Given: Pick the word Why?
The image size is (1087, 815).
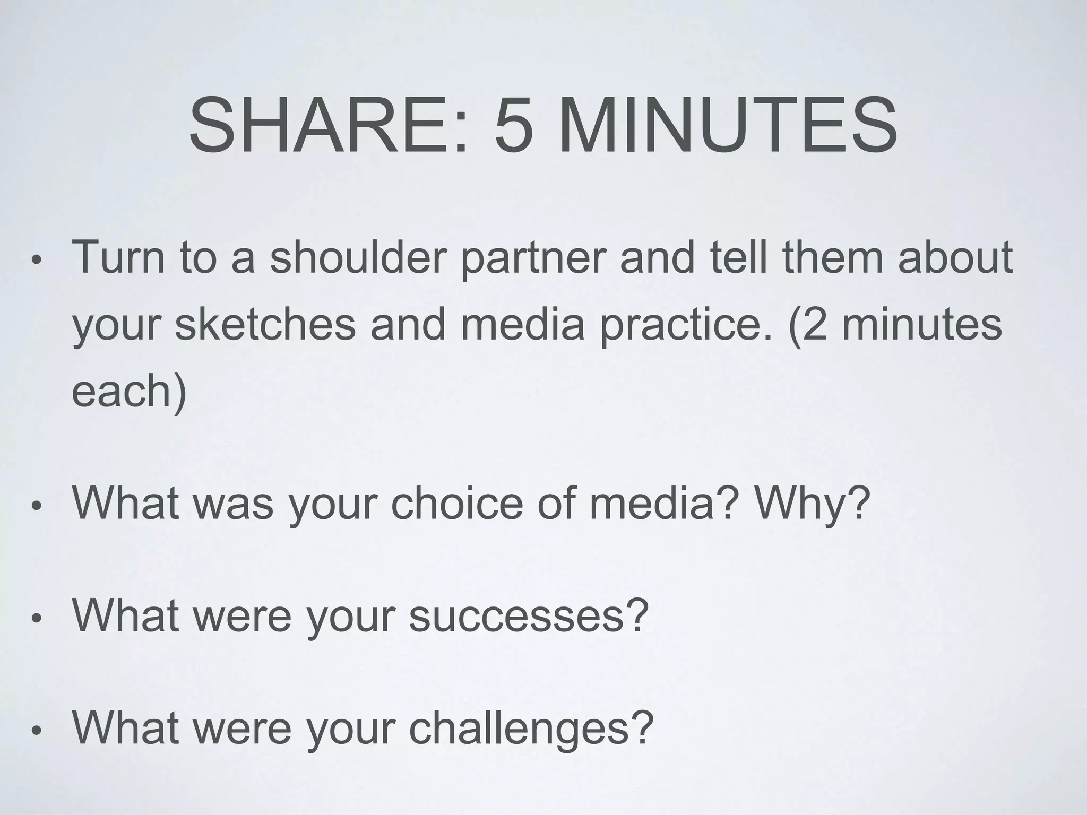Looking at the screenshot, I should (x=813, y=504).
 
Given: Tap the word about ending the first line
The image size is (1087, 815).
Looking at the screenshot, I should (x=955, y=257).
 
